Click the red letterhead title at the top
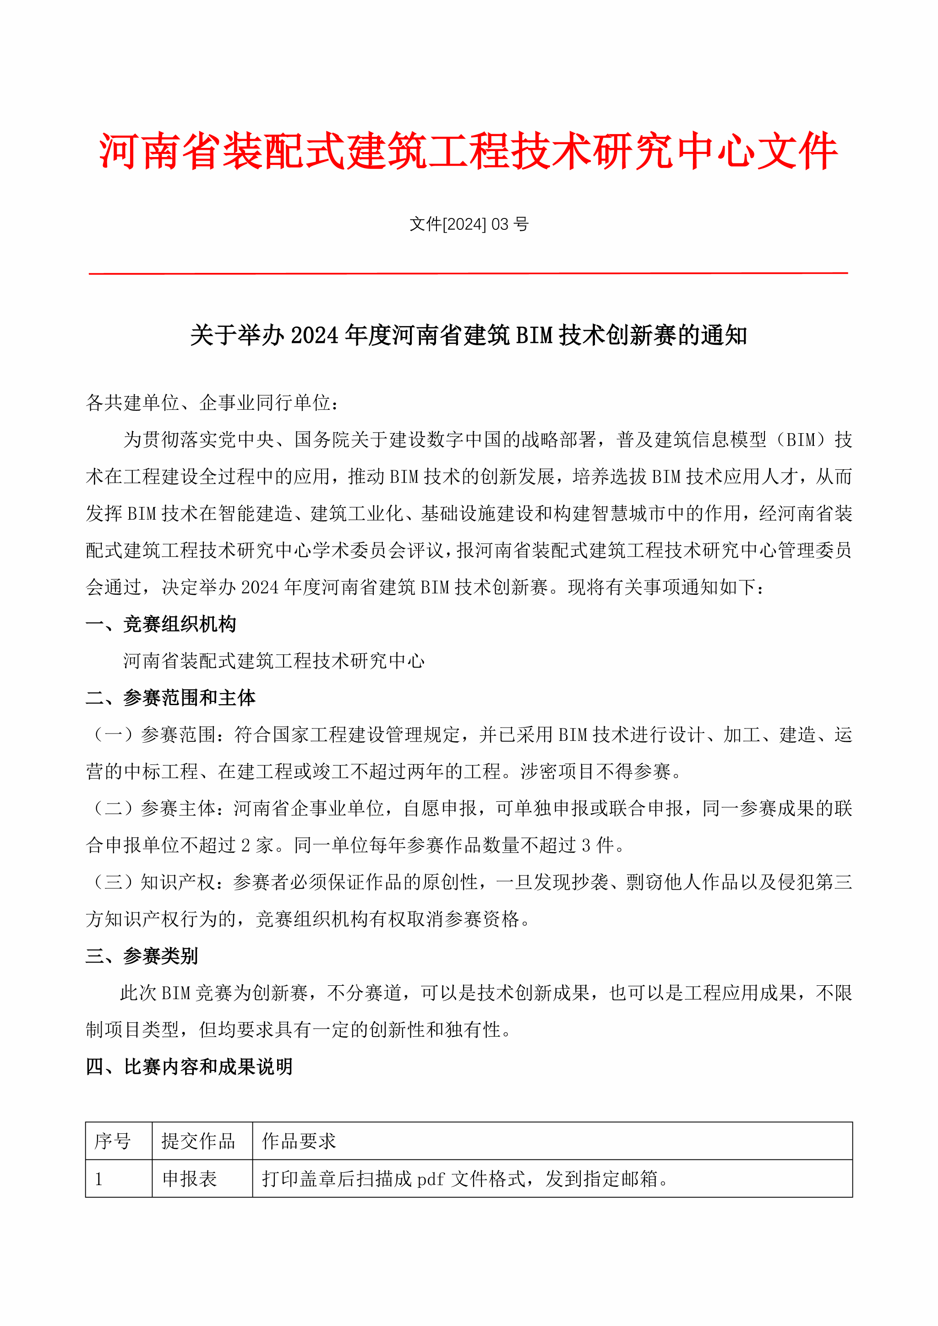pos(469,151)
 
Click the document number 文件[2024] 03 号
pos(469,224)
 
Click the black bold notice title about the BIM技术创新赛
pos(469,336)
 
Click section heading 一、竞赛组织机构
pos(161,624)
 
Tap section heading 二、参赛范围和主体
pos(170,698)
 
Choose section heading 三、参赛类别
pos(142,956)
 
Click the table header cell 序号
pos(113,1141)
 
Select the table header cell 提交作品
pos(198,1141)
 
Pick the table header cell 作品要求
pos(299,1141)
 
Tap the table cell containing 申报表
pos(190,1179)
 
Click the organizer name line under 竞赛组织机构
pos(274,661)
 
